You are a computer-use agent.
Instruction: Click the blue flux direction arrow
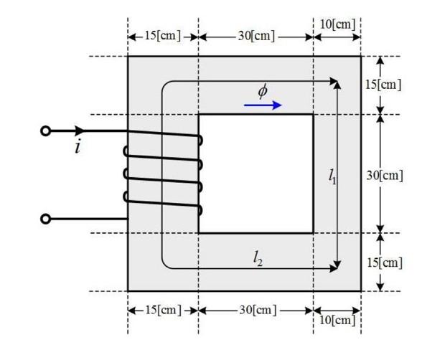pos(263,105)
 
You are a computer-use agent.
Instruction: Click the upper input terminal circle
pos(46,131)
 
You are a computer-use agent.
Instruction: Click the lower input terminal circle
pos(46,219)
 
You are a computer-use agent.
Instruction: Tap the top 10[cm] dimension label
pos(337,24)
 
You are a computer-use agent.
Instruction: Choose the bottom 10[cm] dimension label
pos(337,320)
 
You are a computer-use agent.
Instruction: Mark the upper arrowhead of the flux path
pos(334,82)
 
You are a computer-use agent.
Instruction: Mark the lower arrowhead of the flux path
pos(334,267)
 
